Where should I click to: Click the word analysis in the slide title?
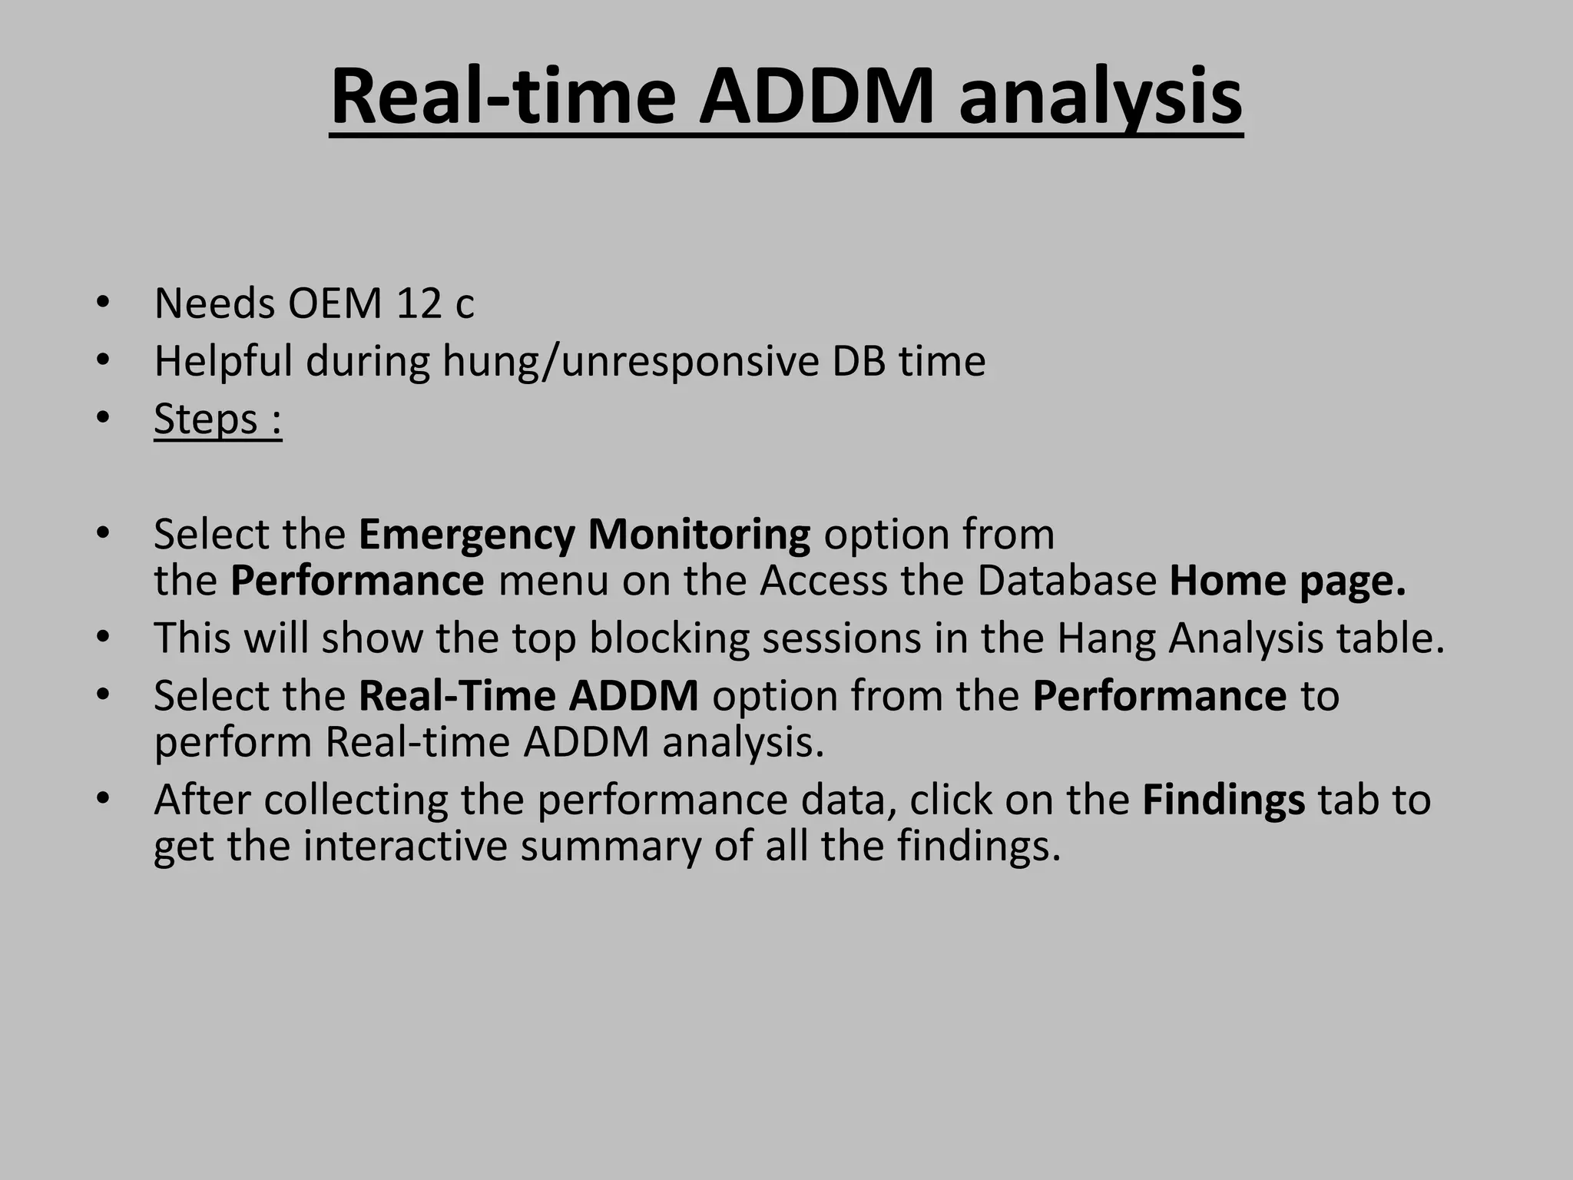(x=1100, y=98)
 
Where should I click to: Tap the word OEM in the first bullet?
(x=335, y=303)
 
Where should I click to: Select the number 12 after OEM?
(x=418, y=303)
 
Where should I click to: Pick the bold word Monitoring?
(x=699, y=535)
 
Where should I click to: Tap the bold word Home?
(x=1227, y=581)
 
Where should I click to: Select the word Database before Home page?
(x=1067, y=581)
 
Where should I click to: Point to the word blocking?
(x=668, y=638)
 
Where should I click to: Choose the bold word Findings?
(x=1224, y=800)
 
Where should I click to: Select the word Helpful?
(x=223, y=361)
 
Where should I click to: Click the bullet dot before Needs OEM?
(x=104, y=302)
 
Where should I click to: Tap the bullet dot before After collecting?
(x=104, y=798)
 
